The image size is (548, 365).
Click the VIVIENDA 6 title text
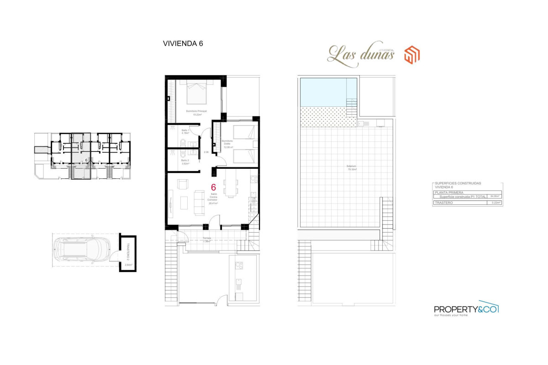pyautogui.click(x=183, y=44)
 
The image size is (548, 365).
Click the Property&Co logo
pyautogui.click(x=466, y=308)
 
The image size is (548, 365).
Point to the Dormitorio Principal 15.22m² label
pyautogui.click(x=196, y=113)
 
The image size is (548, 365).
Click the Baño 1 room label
pyautogui.click(x=185, y=132)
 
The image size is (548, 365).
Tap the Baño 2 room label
pyautogui.click(x=185, y=162)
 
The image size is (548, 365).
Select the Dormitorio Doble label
pyautogui.click(x=227, y=144)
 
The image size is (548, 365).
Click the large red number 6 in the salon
pyautogui.click(x=213, y=187)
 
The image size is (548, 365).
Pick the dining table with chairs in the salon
pyautogui.click(x=230, y=187)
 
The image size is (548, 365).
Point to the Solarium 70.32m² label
pyautogui.click(x=351, y=167)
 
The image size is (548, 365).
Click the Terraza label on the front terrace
pyautogui.click(x=207, y=239)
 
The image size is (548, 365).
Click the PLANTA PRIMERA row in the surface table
pyautogui.click(x=449, y=193)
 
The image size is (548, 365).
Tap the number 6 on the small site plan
pyautogui.click(x=86, y=160)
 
